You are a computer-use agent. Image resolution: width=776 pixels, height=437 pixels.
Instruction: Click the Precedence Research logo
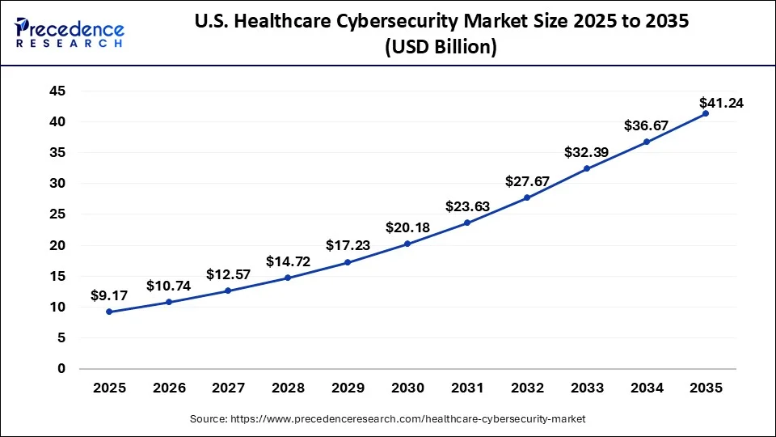tap(70, 33)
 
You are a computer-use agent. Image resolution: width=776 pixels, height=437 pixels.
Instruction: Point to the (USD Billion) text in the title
tap(441, 48)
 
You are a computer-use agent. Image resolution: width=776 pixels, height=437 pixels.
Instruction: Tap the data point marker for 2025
tap(109, 312)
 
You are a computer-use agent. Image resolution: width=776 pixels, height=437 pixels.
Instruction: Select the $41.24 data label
tap(722, 103)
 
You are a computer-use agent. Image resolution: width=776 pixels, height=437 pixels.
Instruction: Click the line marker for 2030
tap(407, 244)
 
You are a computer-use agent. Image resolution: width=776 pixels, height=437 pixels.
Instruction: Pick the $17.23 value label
tap(348, 244)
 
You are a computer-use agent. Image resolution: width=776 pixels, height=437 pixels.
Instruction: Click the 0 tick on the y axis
tap(61, 368)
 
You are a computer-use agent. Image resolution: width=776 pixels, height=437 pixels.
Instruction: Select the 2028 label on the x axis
tap(288, 388)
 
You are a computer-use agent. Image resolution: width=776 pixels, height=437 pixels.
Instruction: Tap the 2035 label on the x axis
tap(706, 388)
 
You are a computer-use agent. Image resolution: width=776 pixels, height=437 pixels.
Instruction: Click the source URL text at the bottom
tap(387, 419)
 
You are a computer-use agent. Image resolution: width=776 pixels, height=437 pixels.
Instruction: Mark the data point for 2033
tap(586, 168)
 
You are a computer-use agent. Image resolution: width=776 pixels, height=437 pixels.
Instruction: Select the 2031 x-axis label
tap(467, 388)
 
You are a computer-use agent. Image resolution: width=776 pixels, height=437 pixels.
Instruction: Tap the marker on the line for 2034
tap(646, 142)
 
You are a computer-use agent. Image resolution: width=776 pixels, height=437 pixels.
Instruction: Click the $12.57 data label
tap(228, 274)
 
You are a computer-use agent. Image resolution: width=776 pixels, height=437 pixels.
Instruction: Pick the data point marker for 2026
tap(169, 302)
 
